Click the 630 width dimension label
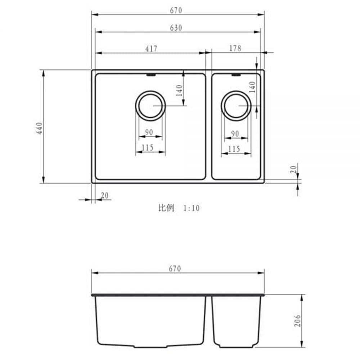pyautogui.click(x=176, y=28)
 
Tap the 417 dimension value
pyautogui.click(x=151, y=49)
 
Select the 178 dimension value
pyautogui.click(x=235, y=48)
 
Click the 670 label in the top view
pyautogui.click(x=176, y=10)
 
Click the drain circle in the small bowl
pyautogui.click(x=236, y=106)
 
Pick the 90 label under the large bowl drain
pyautogui.click(x=149, y=132)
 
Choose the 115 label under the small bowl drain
pyautogui.click(x=234, y=149)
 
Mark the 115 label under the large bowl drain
pyautogui.click(x=148, y=147)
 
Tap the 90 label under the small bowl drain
pyautogui.click(x=235, y=134)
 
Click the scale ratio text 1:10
pyautogui.click(x=191, y=208)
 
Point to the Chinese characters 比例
pyautogui.click(x=166, y=208)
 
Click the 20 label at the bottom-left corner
pyautogui.click(x=105, y=195)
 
